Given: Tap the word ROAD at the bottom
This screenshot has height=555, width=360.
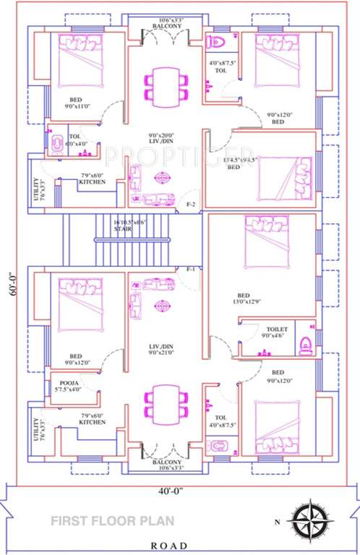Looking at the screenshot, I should pyautogui.click(x=168, y=546).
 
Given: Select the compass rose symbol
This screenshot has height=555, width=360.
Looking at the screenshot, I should pyautogui.click(x=310, y=520).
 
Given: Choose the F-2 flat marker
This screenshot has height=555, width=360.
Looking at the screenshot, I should pyautogui.click(x=192, y=204).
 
